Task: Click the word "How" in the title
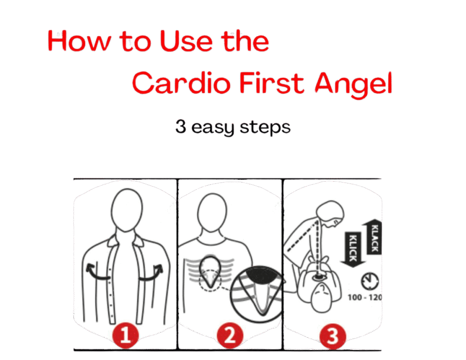click(80, 41)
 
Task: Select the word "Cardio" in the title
click(181, 83)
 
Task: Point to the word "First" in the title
click(272, 83)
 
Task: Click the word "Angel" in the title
click(353, 85)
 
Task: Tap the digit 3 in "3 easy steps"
click(181, 127)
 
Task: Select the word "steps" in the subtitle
click(265, 128)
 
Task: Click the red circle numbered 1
click(126, 335)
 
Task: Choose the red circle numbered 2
click(230, 336)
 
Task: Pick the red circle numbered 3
click(333, 336)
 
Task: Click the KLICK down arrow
click(353, 249)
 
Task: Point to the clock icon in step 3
click(370, 281)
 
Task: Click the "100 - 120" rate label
click(365, 297)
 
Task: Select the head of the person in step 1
click(127, 210)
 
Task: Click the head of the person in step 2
click(212, 213)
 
